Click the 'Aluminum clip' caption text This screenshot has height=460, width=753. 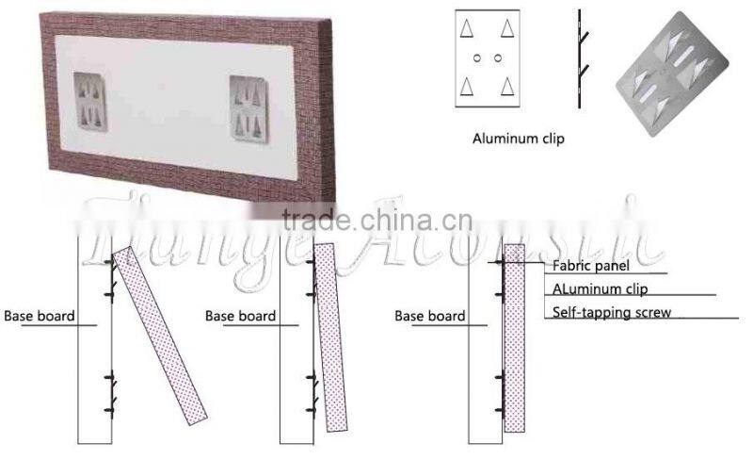(518, 138)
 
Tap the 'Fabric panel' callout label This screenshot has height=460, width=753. (590, 266)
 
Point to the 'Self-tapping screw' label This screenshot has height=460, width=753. (612, 312)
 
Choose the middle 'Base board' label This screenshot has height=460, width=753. (240, 316)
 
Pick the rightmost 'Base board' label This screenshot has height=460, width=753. (429, 316)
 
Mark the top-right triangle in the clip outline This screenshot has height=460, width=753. (508, 28)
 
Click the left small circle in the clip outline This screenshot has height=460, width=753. (477, 58)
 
